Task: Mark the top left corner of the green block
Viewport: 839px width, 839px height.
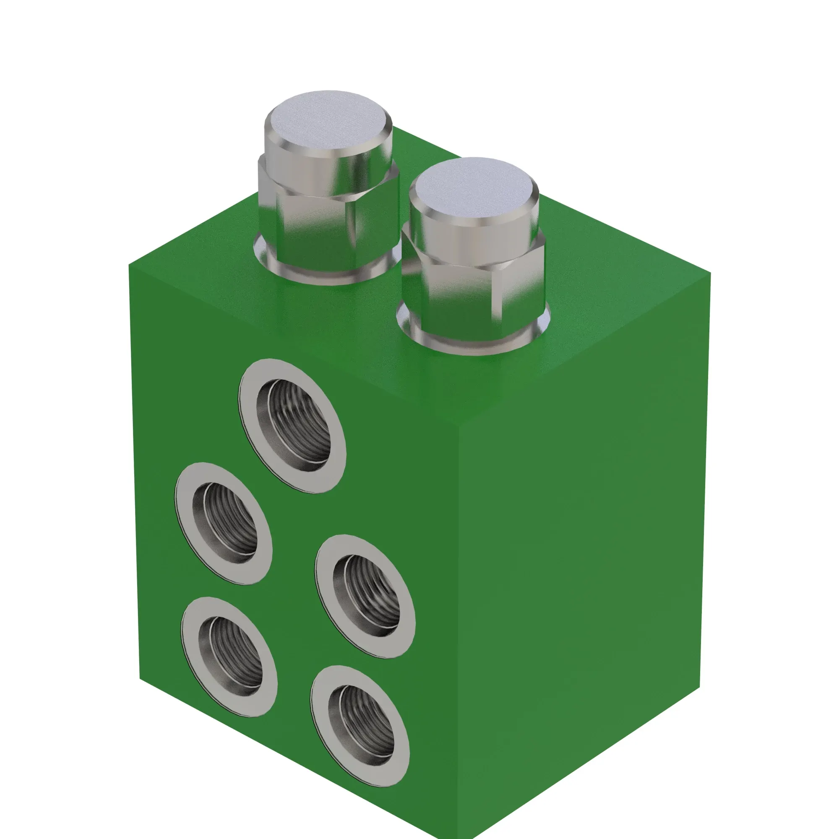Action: coord(129,266)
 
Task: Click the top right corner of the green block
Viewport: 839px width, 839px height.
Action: coord(711,273)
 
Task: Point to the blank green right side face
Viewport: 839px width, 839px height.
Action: coord(586,543)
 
